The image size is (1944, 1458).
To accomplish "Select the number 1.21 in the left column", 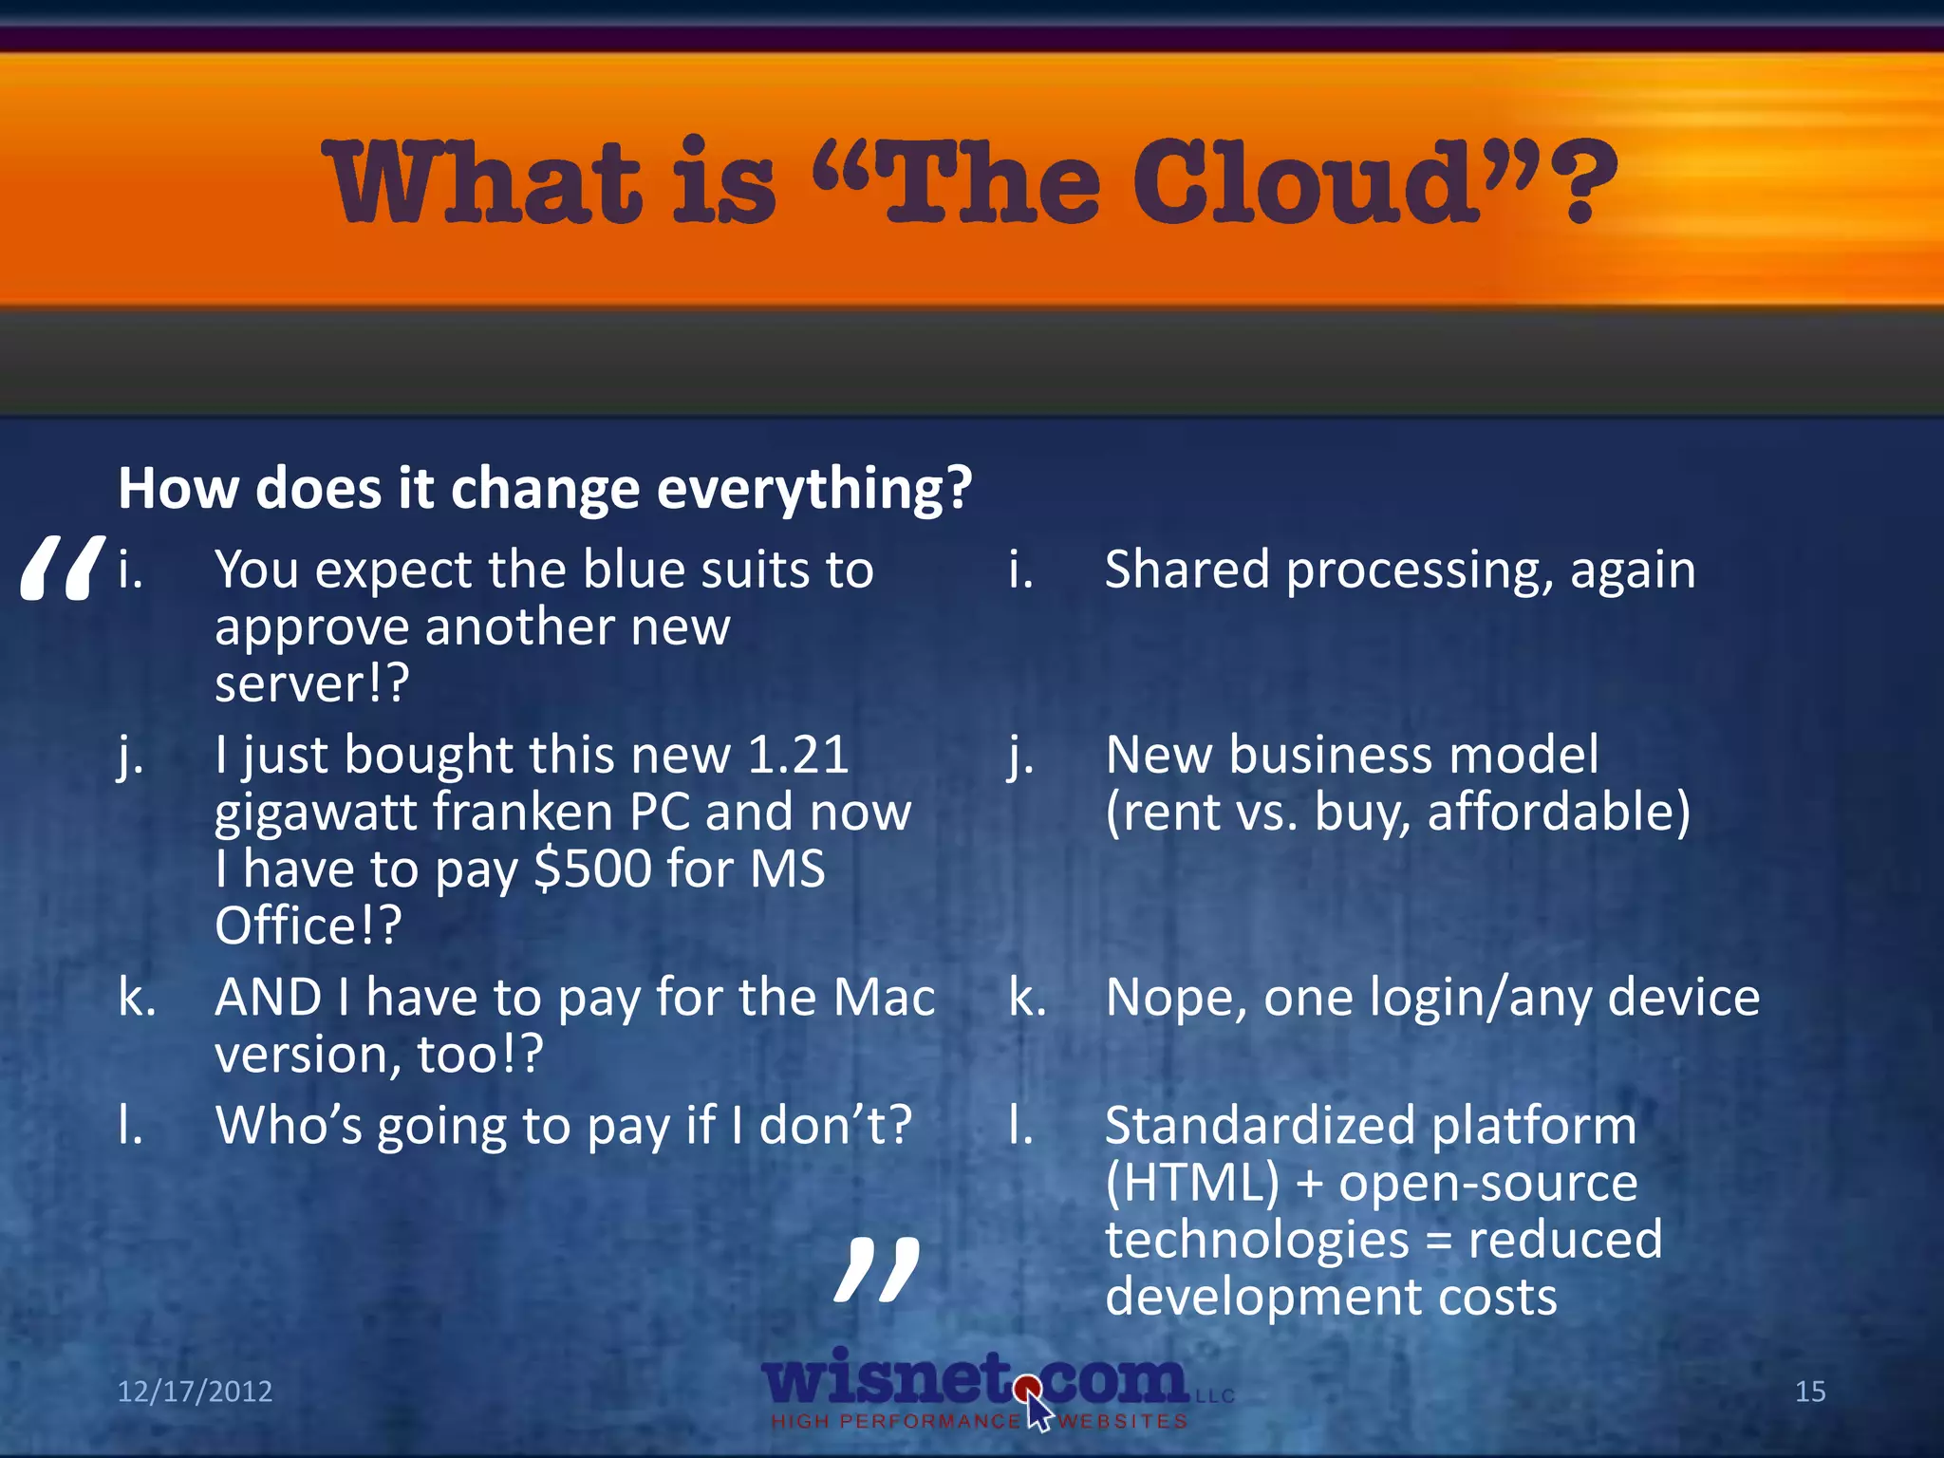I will [797, 756].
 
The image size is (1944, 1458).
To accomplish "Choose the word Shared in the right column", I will [1187, 570].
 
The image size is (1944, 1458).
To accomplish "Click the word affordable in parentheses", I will [1558, 813].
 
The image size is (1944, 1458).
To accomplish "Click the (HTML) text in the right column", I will [1192, 1184].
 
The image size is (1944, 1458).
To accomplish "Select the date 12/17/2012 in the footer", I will [195, 1392].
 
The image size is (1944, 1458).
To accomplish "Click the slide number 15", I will [1810, 1392].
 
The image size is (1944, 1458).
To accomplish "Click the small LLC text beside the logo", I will [1215, 1396].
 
